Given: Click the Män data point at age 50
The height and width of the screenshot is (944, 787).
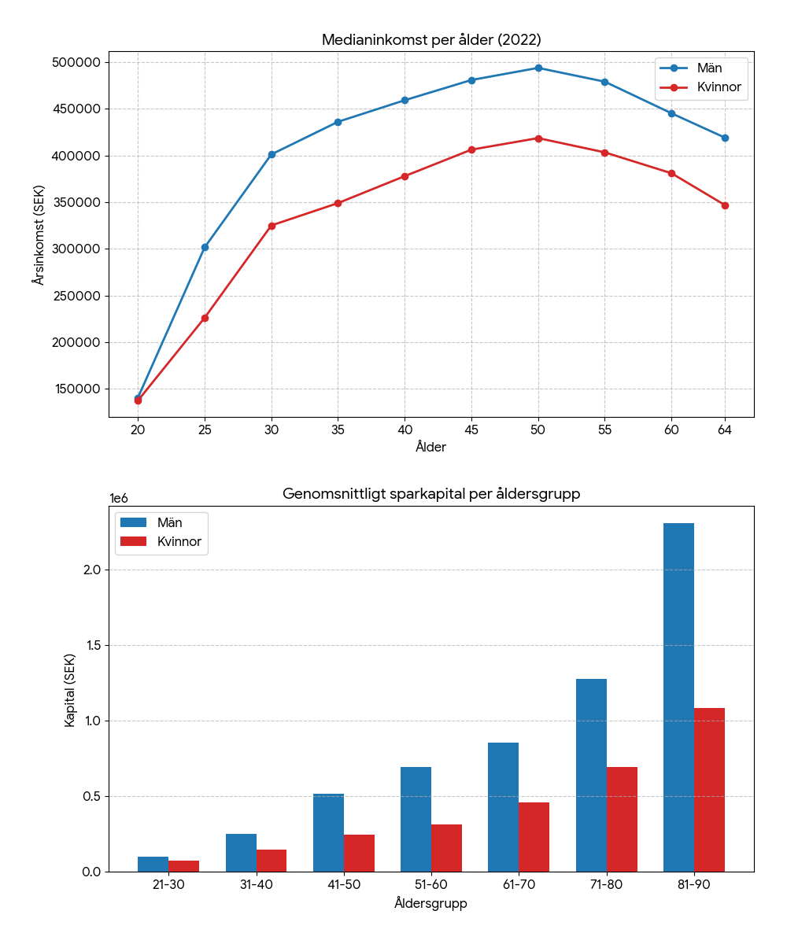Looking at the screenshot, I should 538,68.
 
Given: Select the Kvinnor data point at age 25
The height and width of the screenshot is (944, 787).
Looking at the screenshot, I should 205,318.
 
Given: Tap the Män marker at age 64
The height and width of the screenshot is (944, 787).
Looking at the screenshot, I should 725,138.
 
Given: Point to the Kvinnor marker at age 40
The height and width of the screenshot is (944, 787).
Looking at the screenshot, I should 405,176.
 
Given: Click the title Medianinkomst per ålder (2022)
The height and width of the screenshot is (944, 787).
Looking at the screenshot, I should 431,40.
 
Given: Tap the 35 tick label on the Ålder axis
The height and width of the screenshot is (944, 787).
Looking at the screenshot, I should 338,430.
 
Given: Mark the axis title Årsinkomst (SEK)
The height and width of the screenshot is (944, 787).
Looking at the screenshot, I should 39,234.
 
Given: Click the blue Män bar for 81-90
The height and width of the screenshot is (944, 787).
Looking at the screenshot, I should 678,697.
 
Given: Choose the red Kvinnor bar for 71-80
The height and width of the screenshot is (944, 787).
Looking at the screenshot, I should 622,819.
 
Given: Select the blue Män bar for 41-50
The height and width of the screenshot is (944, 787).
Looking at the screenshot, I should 328,832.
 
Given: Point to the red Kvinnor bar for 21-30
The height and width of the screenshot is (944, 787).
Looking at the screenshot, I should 184,866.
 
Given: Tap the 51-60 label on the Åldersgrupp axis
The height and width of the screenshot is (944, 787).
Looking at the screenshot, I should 431,885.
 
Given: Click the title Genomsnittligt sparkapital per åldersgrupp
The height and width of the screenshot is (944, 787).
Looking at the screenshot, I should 431,495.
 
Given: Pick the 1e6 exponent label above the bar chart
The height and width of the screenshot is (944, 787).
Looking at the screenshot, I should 119,499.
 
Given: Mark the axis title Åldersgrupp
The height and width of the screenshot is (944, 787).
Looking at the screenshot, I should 430,904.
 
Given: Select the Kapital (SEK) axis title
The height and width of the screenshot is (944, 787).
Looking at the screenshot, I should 70,689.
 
